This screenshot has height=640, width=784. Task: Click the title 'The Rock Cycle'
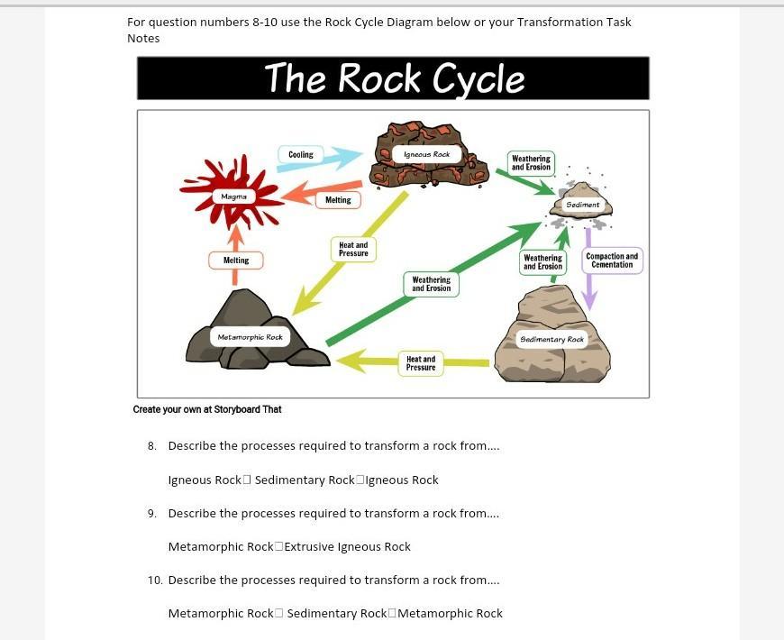click(x=394, y=78)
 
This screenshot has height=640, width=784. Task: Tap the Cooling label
click(x=301, y=155)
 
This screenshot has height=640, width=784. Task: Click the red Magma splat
click(x=232, y=197)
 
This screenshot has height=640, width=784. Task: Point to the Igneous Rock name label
click(x=427, y=155)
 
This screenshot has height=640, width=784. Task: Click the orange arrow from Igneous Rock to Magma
click(x=302, y=193)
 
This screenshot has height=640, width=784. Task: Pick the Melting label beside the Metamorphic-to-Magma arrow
click(x=236, y=261)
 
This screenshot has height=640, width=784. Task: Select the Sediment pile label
click(x=583, y=205)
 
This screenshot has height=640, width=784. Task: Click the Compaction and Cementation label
click(x=613, y=261)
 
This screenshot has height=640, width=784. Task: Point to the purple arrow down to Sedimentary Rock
click(x=588, y=279)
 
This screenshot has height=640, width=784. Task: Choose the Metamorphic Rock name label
click(x=250, y=337)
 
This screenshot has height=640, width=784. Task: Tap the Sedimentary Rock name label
click(x=552, y=339)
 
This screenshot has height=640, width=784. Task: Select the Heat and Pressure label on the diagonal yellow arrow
click(x=353, y=249)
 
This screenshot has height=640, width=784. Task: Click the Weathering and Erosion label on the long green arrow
click(x=432, y=284)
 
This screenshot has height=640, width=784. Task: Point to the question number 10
click(x=154, y=580)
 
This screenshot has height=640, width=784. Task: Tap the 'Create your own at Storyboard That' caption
click(x=207, y=409)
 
